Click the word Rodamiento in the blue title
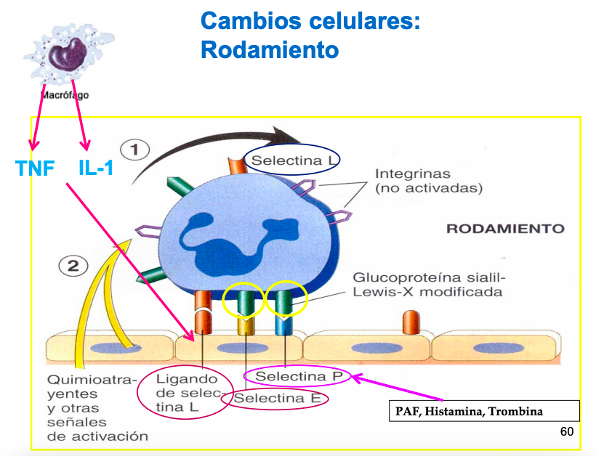[270, 50]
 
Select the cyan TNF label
[35, 169]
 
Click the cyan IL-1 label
[96, 168]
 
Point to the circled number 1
[134, 150]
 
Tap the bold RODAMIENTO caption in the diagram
[504, 229]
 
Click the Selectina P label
[298, 376]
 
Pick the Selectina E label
[277, 399]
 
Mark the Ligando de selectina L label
[187, 394]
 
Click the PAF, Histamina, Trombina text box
[483, 412]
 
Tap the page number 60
[567, 432]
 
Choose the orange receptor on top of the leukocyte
[238, 164]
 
